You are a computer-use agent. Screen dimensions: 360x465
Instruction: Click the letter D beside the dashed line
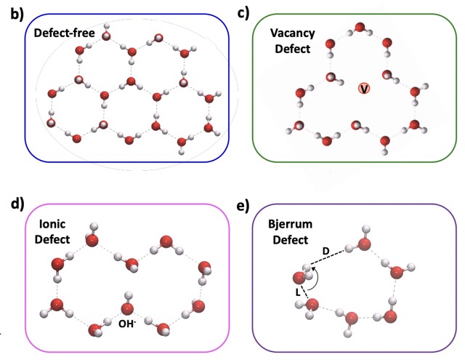pyautogui.click(x=326, y=250)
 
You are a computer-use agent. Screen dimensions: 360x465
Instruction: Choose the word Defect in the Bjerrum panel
pyautogui.click(x=286, y=238)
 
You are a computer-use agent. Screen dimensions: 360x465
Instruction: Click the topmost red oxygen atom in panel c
pyautogui.click(x=359, y=29)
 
